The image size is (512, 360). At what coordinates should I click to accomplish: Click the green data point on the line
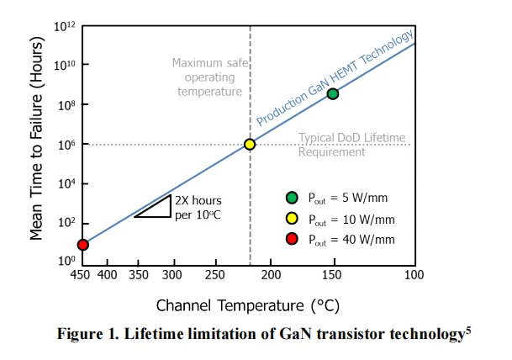point(333,93)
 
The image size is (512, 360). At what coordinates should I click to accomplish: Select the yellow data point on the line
point(250,144)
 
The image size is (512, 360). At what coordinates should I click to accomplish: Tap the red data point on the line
point(82,245)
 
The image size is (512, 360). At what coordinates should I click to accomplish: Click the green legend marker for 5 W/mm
point(292,199)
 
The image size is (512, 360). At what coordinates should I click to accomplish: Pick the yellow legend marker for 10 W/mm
point(292,219)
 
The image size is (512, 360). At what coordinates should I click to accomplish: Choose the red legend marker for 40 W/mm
point(292,239)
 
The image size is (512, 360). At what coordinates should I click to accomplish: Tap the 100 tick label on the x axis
point(410,275)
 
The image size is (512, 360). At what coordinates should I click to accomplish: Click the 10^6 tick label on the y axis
point(66,145)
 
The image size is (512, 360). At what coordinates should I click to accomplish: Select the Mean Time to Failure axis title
point(36,143)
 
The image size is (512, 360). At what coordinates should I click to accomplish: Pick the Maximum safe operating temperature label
point(207,77)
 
